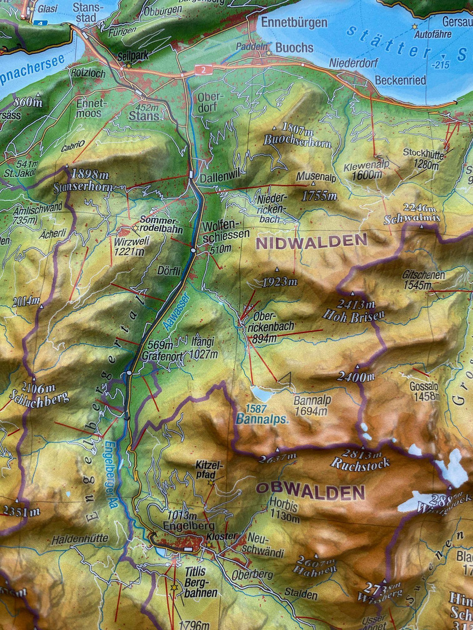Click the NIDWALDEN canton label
click(x=311, y=241)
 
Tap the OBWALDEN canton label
click(x=310, y=492)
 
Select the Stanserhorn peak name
click(x=83, y=188)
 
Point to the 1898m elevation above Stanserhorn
click(x=90, y=174)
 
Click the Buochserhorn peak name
click(x=297, y=141)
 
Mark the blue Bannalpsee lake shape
click(x=261, y=394)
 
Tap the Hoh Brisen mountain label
click(x=353, y=315)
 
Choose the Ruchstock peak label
click(x=360, y=464)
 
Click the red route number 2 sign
click(x=204, y=69)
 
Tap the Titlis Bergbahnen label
click(x=200, y=582)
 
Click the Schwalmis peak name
click(x=411, y=219)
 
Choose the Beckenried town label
click(x=400, y=80)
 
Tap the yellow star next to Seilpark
click(x=129, y=66)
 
